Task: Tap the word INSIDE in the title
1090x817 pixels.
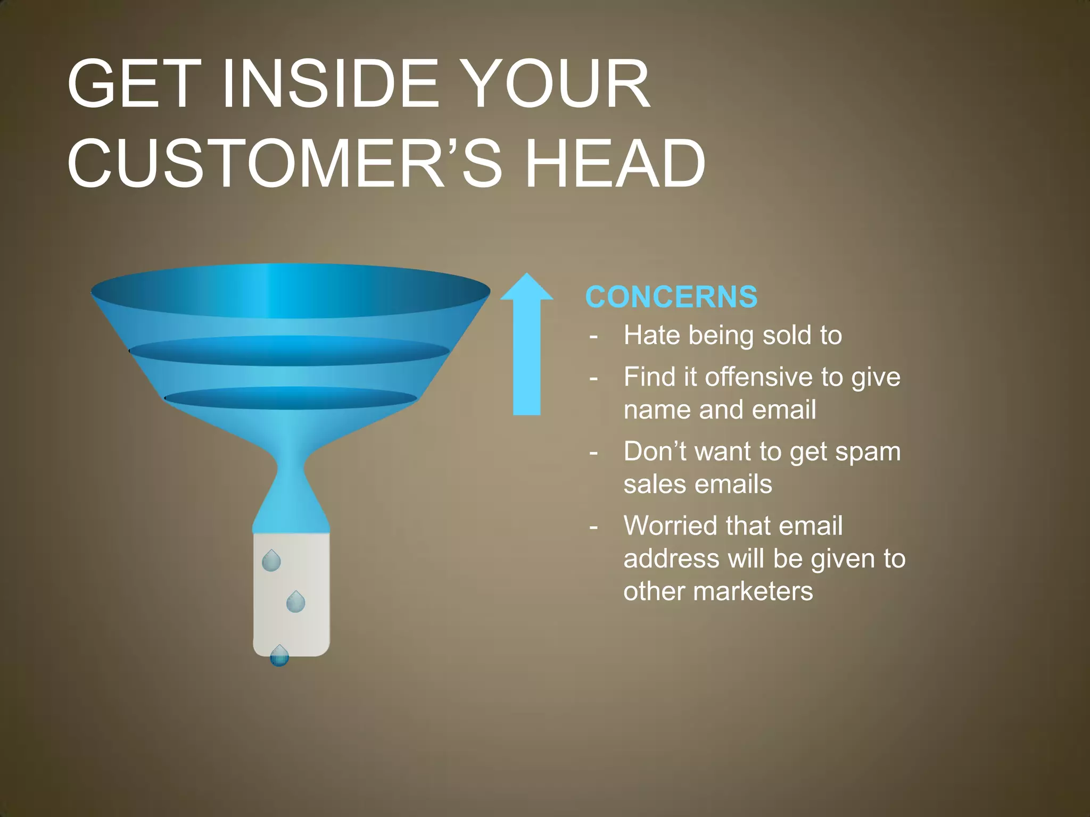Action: tap(330, 84)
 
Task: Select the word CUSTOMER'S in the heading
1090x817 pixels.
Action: tap(285, 163)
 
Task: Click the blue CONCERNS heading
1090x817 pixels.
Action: tap(671, 297)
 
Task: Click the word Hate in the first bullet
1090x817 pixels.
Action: tap(652, 336)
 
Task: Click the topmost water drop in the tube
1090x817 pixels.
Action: tap(271, 561)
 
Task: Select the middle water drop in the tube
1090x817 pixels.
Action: tap(295, 602)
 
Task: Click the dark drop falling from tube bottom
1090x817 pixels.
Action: tap(279, 656)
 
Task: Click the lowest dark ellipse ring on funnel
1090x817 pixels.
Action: tap(291, 398)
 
